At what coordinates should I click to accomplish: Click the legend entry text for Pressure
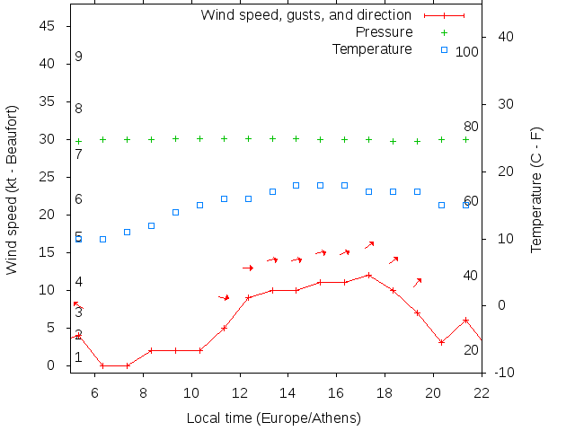(384, 32)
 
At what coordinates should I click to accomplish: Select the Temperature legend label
(372, 48)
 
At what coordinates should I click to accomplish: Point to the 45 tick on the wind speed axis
(50, 27)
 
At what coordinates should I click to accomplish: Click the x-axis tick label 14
(287, 392)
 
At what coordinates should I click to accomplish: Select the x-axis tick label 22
(482, 392)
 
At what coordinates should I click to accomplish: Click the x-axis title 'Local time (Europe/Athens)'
(273, 418)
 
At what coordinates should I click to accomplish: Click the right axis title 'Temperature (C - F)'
(536, 189)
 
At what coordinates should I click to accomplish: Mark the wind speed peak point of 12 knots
(368, 275)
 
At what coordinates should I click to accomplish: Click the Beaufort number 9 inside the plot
(79, 57)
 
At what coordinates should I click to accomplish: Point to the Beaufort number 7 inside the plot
(79, 154)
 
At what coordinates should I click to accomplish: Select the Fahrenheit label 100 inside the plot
(467, 52)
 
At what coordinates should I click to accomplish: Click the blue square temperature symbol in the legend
(444, 48)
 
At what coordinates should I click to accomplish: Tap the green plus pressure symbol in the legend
(444, 32)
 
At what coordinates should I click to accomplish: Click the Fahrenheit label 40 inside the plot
(471, 275)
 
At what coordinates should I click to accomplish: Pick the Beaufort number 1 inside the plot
(78, 357)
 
